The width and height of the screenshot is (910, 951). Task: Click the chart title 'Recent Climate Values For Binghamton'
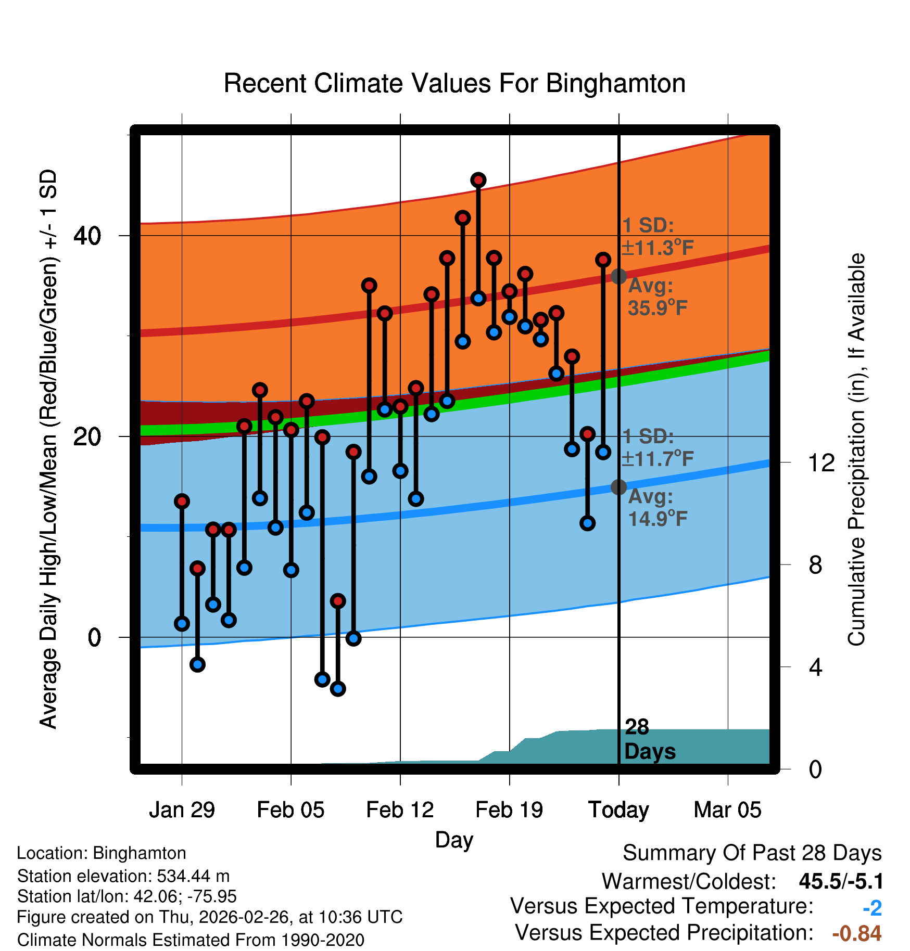pos(454,83)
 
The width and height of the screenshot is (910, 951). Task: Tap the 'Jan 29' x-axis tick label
pos(182,810)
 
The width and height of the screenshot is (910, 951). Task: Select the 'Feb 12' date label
pos(400,810)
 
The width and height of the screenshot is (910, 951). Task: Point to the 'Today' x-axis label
pos(618,810)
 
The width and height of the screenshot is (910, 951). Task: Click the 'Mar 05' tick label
pos(727,810)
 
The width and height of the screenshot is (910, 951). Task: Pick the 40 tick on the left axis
pos(87,236)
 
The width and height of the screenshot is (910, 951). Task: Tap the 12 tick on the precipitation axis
pos(821,462)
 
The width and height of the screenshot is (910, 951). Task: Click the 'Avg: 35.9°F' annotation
pos(657,297)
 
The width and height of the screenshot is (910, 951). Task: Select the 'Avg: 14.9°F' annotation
pos(657,508)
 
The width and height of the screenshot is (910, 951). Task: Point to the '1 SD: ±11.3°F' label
pos(657,237)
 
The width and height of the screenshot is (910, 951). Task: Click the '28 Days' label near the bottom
pos(649,739)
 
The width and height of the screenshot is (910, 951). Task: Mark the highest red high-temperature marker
pos(478,180)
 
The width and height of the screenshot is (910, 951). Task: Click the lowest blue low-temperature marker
pos(338,689)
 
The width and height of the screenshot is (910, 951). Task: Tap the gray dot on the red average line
pos(618,276)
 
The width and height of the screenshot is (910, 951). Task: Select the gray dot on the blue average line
pos(618,487)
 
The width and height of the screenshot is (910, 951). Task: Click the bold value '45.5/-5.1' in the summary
pos(841,882)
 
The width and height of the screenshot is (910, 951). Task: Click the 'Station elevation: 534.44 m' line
pos(123,876)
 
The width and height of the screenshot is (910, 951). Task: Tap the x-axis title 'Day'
pos(454,840)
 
